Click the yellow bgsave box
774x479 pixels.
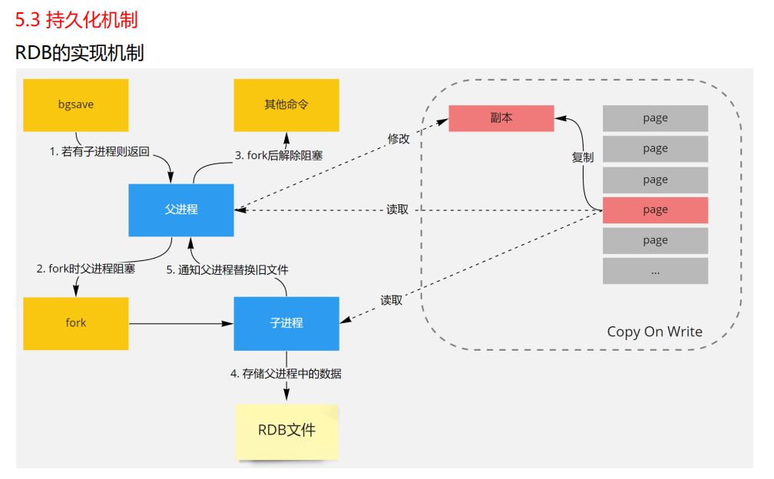pos(76,104)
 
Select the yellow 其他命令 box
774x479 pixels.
pos(286,104)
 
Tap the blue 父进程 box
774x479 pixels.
pos(181,210)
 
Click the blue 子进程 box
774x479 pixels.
pos(286,323)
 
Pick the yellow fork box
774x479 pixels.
pos(76,323)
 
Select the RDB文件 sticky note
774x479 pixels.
pos(286,431)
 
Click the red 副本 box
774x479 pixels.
pos(501,118)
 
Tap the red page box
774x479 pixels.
pos(655,210)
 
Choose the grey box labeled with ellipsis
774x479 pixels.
pos(655,271)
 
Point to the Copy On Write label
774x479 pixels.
pos(654,332)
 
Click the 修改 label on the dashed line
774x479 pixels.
pos(399,139)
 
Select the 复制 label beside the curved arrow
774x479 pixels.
pos(582,157)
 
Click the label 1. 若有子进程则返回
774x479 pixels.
pos(100,152)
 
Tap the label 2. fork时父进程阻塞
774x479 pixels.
pos(86,269)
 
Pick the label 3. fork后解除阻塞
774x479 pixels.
pos(279,155)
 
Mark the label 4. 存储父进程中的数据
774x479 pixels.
pos(286,374)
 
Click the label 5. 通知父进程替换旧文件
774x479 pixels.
pos(227,270)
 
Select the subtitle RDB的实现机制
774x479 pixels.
pos(79,53)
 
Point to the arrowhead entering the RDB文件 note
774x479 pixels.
pos(286,395)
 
